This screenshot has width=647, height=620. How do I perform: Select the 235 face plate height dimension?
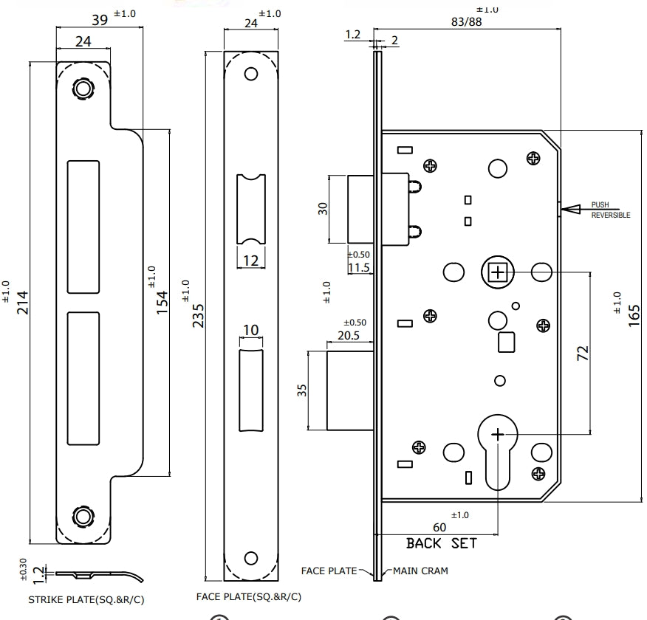click(197, 314)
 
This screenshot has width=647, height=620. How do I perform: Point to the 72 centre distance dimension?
click(583, 353)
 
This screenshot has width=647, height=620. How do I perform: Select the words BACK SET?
click(442, 543)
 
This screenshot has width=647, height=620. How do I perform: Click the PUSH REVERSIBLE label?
click(610, 210)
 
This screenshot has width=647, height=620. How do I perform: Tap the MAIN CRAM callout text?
click(420, 571)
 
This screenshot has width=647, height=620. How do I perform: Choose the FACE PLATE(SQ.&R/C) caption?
click(248, 596)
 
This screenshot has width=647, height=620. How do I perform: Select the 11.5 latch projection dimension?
click(358, 267)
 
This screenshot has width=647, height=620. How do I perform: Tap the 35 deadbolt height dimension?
click(302, 390)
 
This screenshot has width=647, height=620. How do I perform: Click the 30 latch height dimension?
click(323, 209)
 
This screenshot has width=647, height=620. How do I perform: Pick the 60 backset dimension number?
click(439, 527)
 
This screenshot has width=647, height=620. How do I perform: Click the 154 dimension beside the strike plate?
click(162, 301)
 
